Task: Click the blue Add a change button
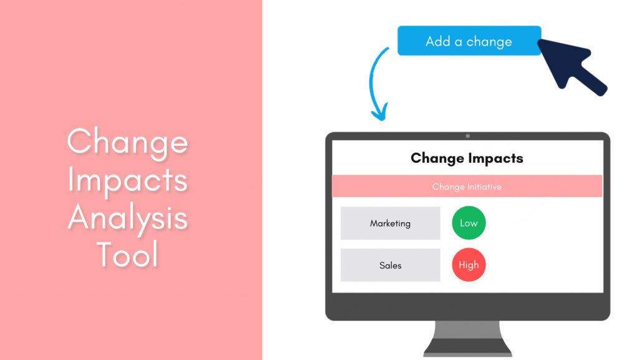point(469,41)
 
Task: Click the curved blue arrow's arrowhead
point(379,114)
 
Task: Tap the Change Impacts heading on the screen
point(467,158)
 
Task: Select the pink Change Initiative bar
point(467,187)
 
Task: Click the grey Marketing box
point(390,223)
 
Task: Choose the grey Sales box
point(390,265)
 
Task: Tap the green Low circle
point(469,223)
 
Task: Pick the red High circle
point(469,265)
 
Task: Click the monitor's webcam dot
point(467,136)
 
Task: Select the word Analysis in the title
point(128,217)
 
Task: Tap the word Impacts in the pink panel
point(128,180)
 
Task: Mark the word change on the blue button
point(489,42)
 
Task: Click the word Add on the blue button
point(439,42)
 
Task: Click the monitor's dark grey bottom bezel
point(467,306)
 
